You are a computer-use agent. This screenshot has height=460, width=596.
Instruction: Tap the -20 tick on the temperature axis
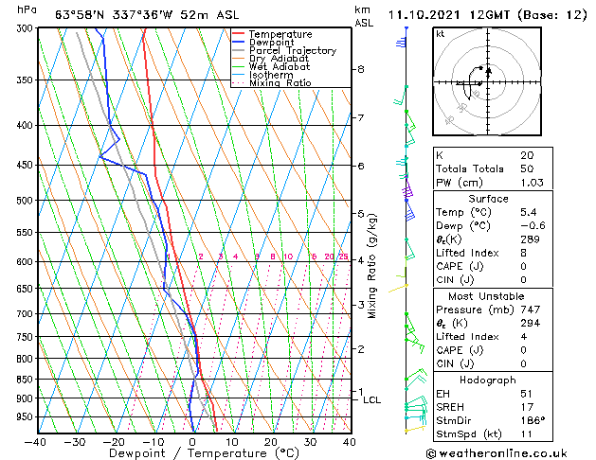(115, 441)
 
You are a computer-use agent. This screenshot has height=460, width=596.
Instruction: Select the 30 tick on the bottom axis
(311, 441)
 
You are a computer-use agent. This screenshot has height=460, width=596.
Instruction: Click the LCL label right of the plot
(371, 400)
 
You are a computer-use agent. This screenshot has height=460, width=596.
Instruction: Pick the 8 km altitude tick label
(361, 69)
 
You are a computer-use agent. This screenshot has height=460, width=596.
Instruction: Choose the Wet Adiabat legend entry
(280, 67)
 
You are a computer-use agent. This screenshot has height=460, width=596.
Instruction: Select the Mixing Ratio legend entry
(280, 83)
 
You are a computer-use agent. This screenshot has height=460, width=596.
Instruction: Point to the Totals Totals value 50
(526, 168)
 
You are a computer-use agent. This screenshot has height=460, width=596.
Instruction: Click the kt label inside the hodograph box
(441, 33)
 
